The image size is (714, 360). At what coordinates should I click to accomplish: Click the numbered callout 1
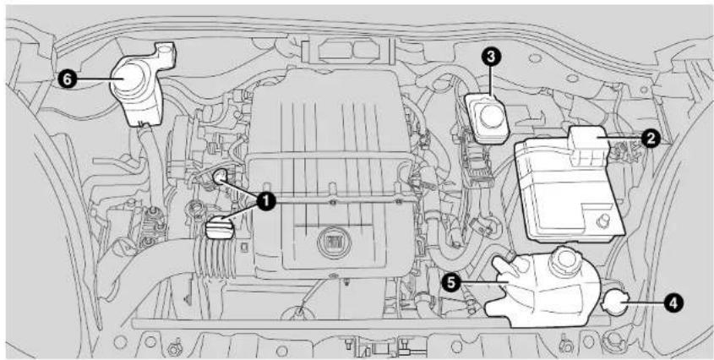point(265,201)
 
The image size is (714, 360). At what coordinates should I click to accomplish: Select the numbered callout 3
point(491,57)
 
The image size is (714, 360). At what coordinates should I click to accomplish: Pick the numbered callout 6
point(68,79)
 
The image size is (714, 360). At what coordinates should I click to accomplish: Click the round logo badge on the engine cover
point(330,241)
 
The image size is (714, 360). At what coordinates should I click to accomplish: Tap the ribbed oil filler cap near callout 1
point(220,228)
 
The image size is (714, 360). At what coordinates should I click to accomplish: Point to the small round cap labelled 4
point(615,303)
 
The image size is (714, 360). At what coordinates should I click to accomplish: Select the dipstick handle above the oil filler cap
point(220,177)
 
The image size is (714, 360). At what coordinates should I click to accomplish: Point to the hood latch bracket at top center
point(347,51)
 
